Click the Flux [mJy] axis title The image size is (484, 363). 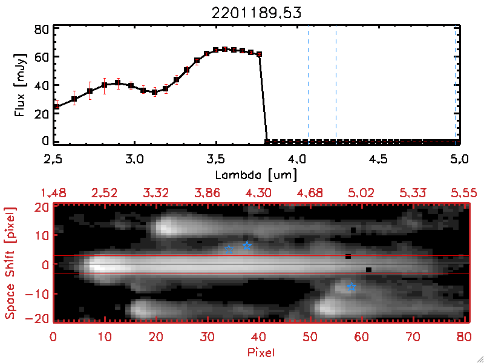click(x=19, y=85)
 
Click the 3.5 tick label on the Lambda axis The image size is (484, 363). click(x=215, y=160)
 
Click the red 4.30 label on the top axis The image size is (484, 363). click(x=258, y=193)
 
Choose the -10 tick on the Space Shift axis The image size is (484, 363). click(x=40, y=293)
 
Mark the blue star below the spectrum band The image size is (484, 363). click(x=352, y=286)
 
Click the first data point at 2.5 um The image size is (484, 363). click(x=56, y=106)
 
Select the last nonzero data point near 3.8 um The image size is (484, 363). click(x=260, y=54)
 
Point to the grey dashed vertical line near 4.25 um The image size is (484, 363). click(x=336, y=85)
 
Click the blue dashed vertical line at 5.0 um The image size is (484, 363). click(x=456, y=85)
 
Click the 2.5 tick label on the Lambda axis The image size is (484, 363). click(x=53, y=160)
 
